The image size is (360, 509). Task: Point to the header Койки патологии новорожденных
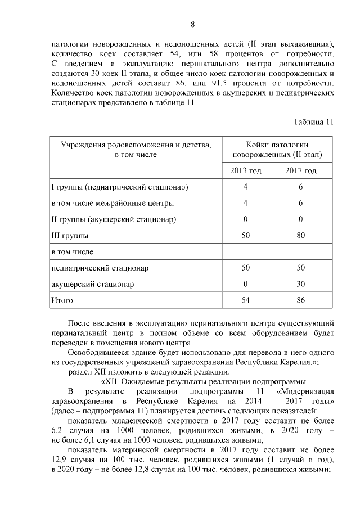coord(273,149)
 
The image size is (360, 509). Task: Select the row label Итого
coord(62,300)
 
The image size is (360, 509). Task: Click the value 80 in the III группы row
coord(300,236)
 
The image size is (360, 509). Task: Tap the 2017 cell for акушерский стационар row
coord(300,284)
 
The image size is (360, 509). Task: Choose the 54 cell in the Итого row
coord(245,300)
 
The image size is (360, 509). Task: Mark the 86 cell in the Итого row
coord(300,300)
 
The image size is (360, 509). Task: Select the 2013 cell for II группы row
coord(245,219)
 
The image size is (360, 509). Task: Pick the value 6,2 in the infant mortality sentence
coord(57,430)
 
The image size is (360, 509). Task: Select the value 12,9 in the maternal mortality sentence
coord(59,460)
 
